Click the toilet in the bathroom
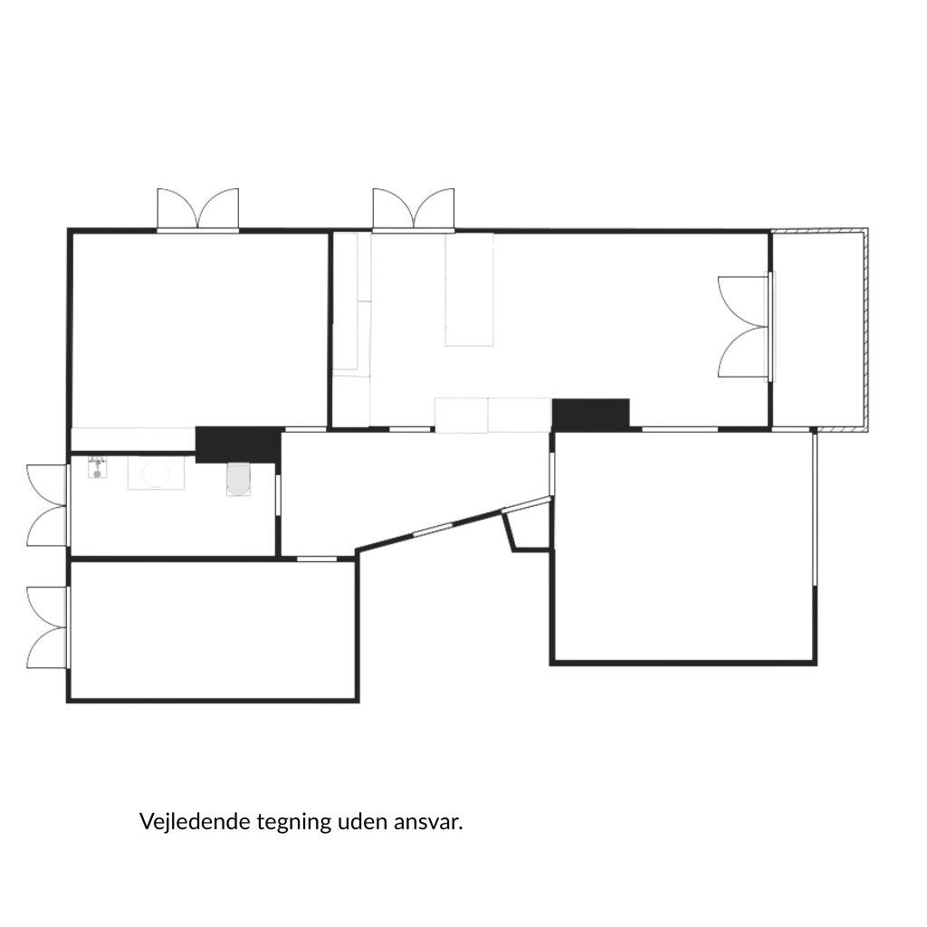coord(238,479)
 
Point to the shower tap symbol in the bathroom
coord(98,466)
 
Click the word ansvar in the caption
coord(428,822)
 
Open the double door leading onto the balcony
coord(745,327)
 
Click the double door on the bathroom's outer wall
coord(47,505)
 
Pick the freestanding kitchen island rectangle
coord(470,289)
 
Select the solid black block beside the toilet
coord(238,444)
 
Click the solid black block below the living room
coord(590,413)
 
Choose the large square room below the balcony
coord(683,547)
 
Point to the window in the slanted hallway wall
coord(432,530)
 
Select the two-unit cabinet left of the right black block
coord(493,415)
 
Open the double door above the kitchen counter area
coord(414,210)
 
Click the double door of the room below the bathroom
coord(47,627)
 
